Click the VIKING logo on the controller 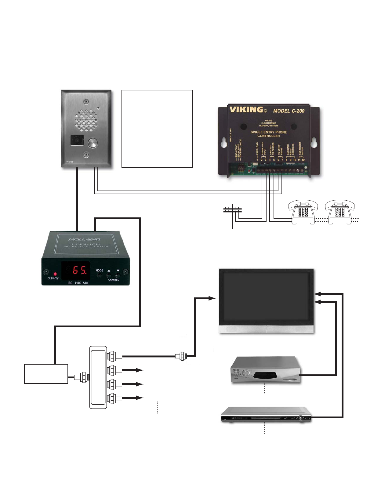click(x=246, y=110)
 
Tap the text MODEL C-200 click(x=289, y=111)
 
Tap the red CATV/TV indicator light click(x=55, y=274)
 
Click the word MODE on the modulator click(x=99, y=271)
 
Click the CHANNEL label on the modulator click(x=113, y=280)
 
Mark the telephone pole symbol click(x=233, y=215)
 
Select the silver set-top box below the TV click(x=265, y=370)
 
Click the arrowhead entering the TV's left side click(x=212, y=298)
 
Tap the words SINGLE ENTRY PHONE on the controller click(x=268, y=132)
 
